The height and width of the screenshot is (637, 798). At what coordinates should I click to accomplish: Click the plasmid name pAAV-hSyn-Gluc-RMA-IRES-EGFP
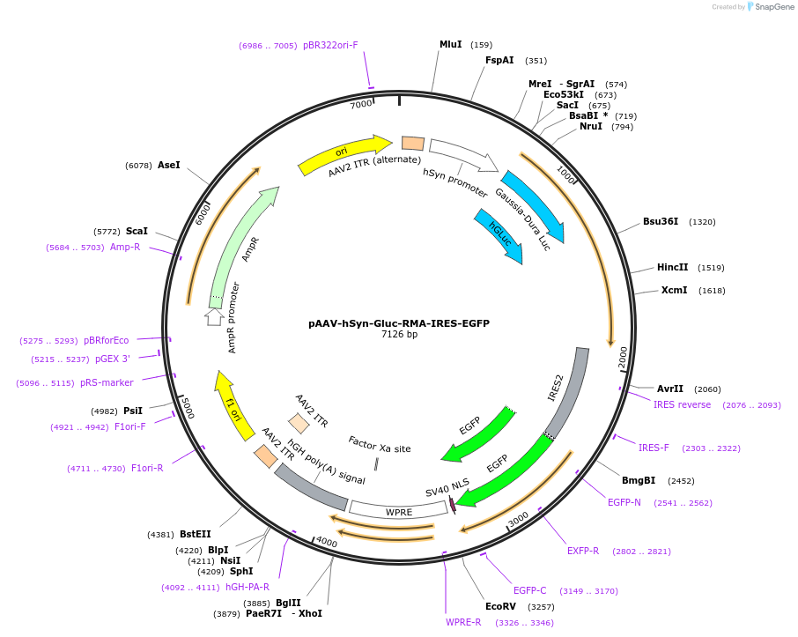tap(399, 323)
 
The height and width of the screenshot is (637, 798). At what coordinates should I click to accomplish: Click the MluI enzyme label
tap(450, 44)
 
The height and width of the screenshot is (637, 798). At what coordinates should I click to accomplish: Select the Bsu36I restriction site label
tap(661, 221)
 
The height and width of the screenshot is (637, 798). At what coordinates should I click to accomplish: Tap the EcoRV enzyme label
tap(500, 606)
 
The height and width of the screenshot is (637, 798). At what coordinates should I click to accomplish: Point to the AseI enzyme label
tap(168, 165)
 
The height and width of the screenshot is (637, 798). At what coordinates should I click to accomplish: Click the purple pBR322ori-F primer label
tap(330, 45)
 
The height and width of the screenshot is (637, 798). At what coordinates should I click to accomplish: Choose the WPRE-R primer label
tap(463, 622)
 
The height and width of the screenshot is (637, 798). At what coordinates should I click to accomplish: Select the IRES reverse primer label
tap(682, 404)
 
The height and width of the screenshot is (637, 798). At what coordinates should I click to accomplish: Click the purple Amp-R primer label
tap(125, 247)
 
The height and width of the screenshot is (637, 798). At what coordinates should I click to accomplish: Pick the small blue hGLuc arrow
tap(499, 236)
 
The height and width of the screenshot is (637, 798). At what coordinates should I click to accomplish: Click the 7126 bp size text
tap(399, 335)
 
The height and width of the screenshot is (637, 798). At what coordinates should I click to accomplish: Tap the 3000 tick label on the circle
tap(519, 517)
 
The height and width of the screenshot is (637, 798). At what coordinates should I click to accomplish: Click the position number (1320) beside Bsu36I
tap(702, 222)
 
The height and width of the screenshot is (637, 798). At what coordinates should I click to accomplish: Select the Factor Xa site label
tap(379, 444)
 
